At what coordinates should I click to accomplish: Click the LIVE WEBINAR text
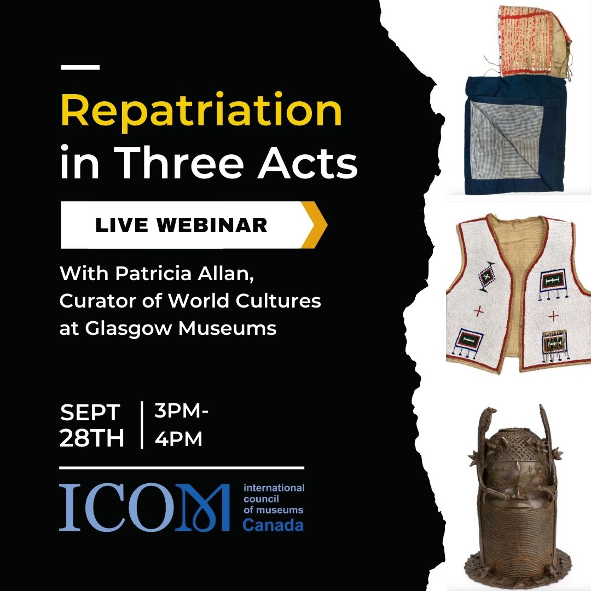pyautogui.click(x=181, y=225)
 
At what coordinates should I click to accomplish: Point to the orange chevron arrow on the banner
pyautogui.click(x=315, y=225)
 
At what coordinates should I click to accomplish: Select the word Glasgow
pyautogui.click(x=129, y=328)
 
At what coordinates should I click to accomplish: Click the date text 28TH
pyautogui.click(x=91, y=438)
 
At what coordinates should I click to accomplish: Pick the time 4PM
pyautogui.click(x=178, y=439)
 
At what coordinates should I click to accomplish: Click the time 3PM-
pyautogui.click(x=181, y=410)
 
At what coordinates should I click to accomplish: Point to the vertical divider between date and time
pyautogui.click(x=142, y=425)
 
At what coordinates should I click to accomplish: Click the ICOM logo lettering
pyautogui.click(x=144, y=507)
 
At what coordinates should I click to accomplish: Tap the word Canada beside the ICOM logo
pyautogui.click(x=273, y=525)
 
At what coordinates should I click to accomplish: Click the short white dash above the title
pyautogui.click(x=80, y=67)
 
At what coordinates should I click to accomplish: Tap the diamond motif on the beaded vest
pyautogui.click(x=486, y=276)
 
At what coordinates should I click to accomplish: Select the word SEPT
pyautogui.click(x=90, y=413)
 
